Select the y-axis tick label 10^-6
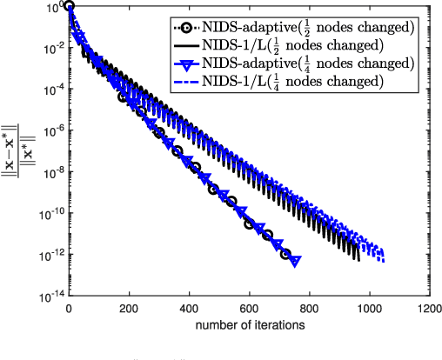click(53, 130)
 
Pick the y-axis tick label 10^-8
click(53, 172)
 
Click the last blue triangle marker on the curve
click(295, 261)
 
